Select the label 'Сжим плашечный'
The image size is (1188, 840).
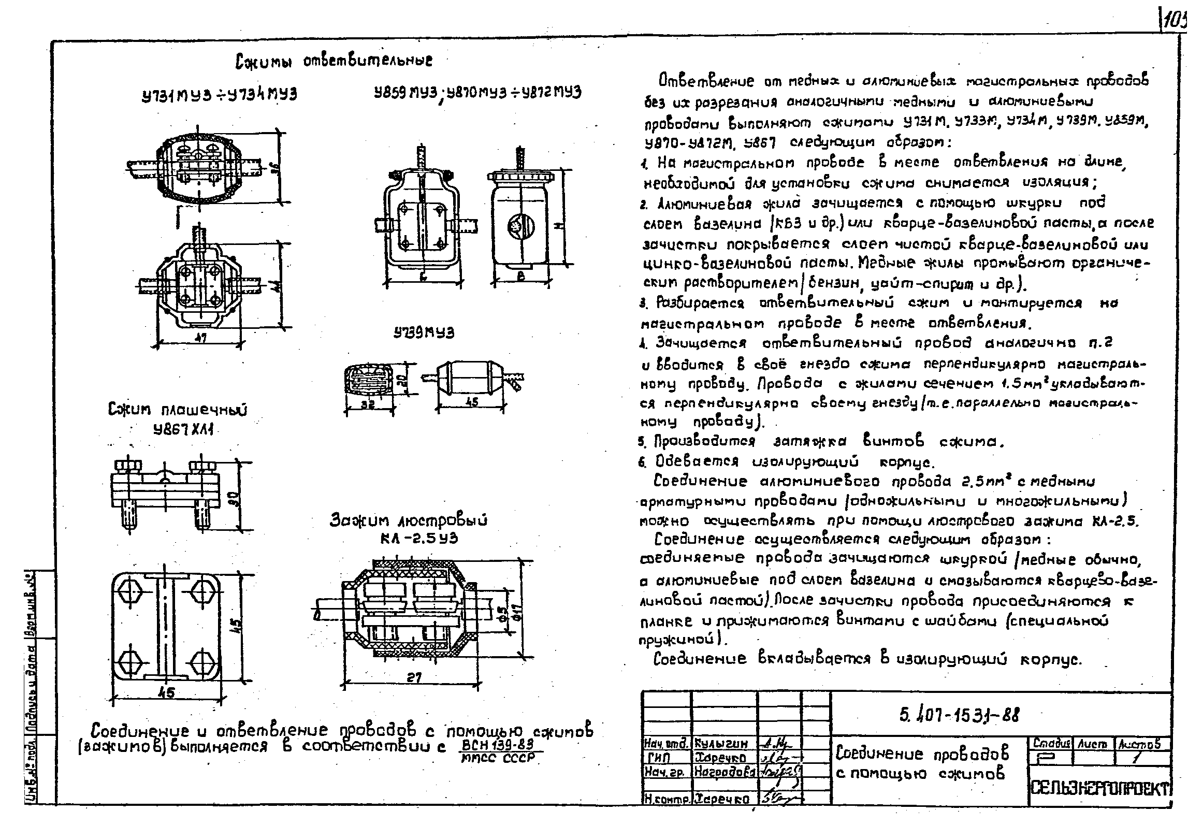click(178, 410)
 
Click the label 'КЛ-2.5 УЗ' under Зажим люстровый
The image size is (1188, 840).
click(418, 538)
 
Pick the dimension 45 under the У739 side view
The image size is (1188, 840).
click(471, 401)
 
